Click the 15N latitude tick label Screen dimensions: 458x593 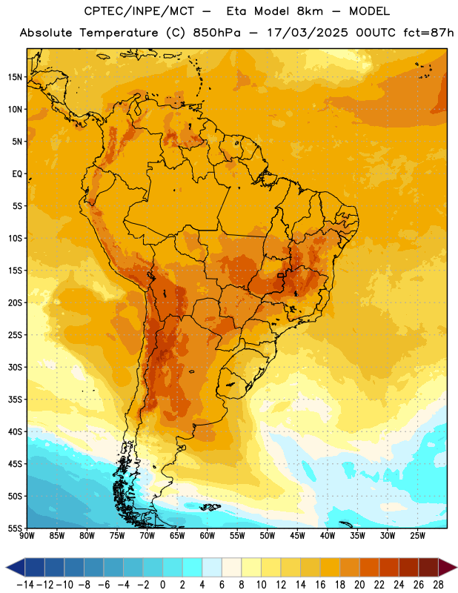coord(15,77)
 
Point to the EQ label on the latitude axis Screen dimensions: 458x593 coord(17,174)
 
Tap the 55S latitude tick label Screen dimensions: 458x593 coord(15,528)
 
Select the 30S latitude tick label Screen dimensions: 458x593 coord(15,367)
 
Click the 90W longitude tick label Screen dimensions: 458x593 coord(27,536)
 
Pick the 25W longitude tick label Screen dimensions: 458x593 coord(417,536)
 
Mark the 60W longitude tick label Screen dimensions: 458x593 coord(208,536)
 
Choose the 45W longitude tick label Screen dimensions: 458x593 coord(297,536)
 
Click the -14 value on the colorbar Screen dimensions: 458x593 coord(25,585)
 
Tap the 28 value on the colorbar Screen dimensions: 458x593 coord(438,585)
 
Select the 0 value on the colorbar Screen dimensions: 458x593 coord(162,585)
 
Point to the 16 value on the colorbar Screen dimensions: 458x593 coord(320,585)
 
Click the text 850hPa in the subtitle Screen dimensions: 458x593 coord(216,33)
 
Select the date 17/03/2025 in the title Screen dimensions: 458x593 coord(308,33)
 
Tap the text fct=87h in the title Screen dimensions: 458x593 coord(428,33)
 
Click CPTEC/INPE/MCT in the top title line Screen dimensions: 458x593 coord(139,11)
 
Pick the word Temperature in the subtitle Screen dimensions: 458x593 coord(119,33)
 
